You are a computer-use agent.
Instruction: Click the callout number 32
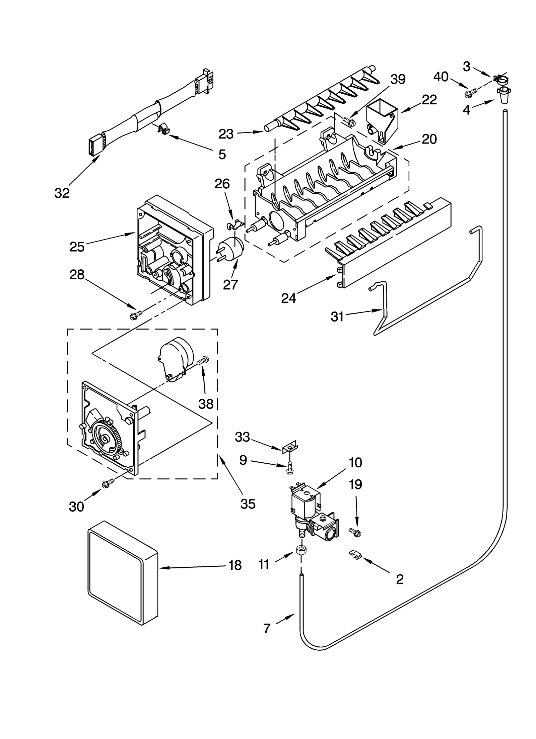coord(62,193)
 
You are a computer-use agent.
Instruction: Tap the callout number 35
coord(248,504)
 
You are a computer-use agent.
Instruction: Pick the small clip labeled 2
coord(355,555)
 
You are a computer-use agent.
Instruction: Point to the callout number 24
coord(288,298)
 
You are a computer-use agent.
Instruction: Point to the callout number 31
coord(337,316)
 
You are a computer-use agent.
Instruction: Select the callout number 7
coord(266,629)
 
